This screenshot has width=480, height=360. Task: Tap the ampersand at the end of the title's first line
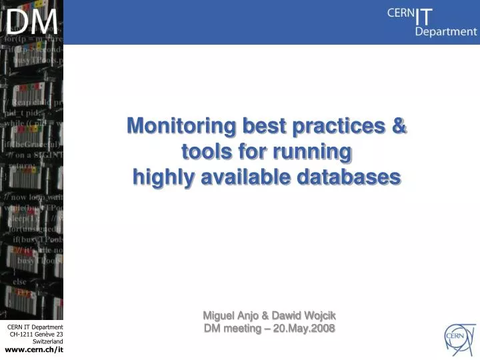click(399, 125)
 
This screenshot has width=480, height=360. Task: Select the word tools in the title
click(205, 152)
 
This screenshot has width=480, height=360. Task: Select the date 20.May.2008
click(303, 328)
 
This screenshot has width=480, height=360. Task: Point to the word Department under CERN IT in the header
click(446, 31)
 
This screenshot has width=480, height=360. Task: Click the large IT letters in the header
click(424, 15)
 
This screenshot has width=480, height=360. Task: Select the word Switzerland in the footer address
click(47, 341)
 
